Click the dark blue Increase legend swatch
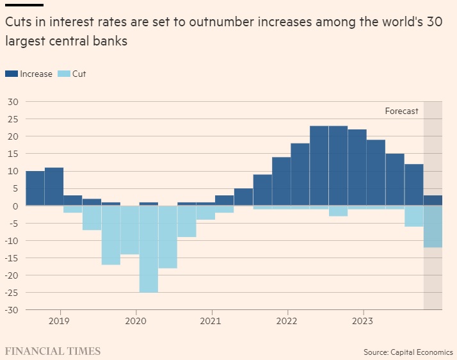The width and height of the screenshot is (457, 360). click(x=12, y=74)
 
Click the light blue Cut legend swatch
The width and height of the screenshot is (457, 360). click(x=63, y=74)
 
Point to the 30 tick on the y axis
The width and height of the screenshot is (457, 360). click(x=13, y=102)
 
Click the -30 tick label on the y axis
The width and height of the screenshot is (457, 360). click(x=12, y=310)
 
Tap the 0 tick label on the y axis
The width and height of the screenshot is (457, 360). click(x=16, y=206)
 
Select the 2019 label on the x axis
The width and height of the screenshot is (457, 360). click(x=59, y=320)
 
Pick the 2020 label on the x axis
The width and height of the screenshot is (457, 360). click(x=135, y=320)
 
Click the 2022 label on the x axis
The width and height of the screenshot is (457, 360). click(x=287, y=320)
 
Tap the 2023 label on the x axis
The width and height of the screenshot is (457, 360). click(x=363, y=320)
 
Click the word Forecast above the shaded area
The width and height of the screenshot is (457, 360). click(x=401, y=111)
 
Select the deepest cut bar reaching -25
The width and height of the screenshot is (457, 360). click(x=148, y=249)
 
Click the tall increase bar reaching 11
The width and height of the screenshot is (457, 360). click(x=54, y=186)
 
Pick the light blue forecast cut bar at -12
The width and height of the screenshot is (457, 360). click(x=433, y=227)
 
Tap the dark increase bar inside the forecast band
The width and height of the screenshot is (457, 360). click(x=433, y=200)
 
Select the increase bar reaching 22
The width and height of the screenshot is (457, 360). click(x=357, y=167)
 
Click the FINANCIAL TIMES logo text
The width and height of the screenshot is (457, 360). click(x=53, y=351)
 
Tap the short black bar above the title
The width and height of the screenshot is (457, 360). click(x=24, y=5)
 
